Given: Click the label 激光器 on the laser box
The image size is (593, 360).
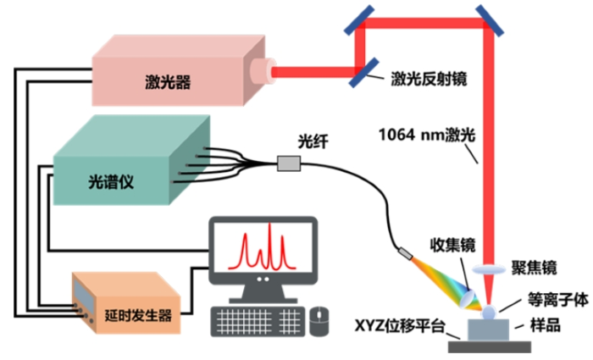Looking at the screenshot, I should click(166, 82).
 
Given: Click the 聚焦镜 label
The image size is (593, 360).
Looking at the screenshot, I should click(539, 268).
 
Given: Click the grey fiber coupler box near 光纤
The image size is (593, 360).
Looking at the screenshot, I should click(289, 163).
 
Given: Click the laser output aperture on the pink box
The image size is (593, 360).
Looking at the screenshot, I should click(269, 69).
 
